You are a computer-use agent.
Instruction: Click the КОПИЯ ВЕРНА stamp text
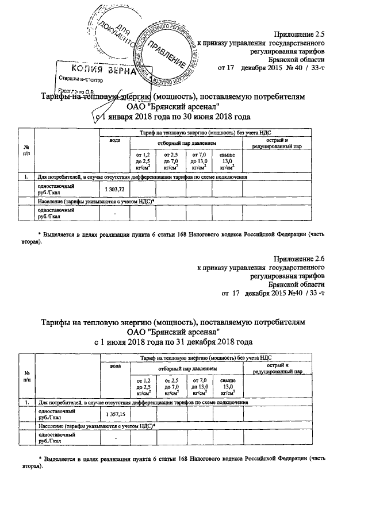click(100, 72)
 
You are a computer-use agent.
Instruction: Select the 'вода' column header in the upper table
click(114, 142)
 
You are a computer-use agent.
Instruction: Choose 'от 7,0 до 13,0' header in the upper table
click(199, 160)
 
